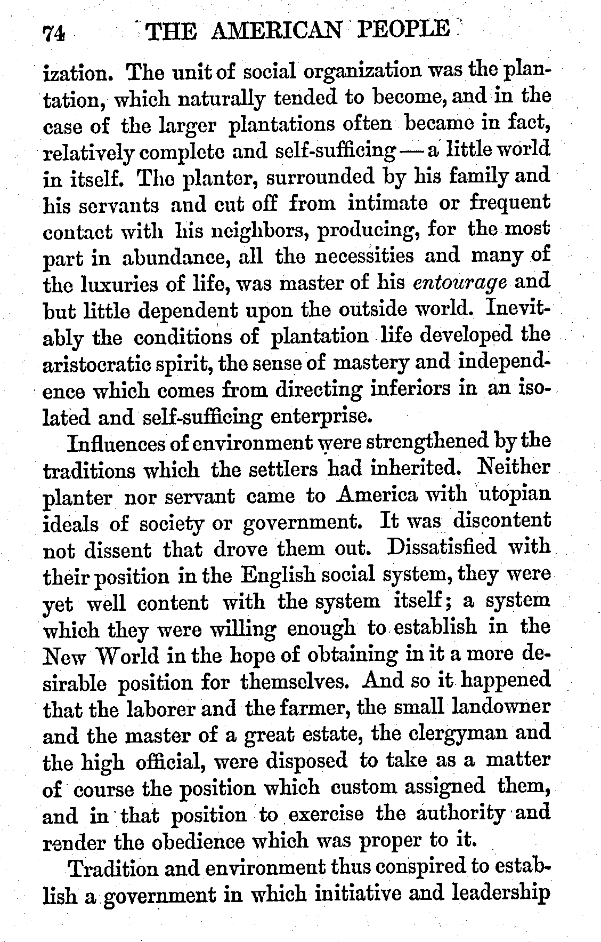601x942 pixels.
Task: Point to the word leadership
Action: pyautogui.click(x=500, y=892)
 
